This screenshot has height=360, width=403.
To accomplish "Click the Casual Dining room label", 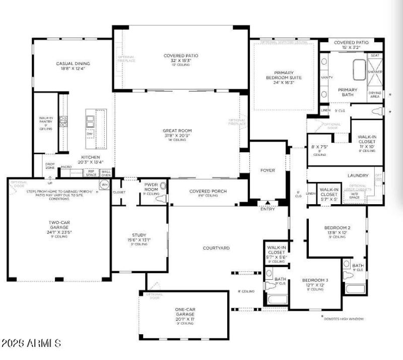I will point(73,64).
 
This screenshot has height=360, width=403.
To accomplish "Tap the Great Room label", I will point(177,131).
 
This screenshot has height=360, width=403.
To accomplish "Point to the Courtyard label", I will point(216,248).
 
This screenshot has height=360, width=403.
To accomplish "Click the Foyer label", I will point(267,170).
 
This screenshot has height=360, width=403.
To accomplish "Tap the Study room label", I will point(139,235).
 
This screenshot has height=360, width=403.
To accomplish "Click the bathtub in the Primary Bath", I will point(359,70).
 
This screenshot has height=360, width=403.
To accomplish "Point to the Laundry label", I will point(358,175).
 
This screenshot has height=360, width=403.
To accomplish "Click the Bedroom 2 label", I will point(337,227).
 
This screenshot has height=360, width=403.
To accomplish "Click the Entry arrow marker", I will point(267,203).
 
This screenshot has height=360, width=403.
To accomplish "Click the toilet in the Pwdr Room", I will point(161,199).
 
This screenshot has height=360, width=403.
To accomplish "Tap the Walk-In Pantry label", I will point(46,121).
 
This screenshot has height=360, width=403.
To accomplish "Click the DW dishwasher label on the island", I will point(90,134).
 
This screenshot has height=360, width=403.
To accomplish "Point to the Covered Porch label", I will point(208,191).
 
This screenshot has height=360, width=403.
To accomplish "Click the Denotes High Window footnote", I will point(345,319).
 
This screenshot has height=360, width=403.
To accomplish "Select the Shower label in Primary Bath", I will point(375,72).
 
